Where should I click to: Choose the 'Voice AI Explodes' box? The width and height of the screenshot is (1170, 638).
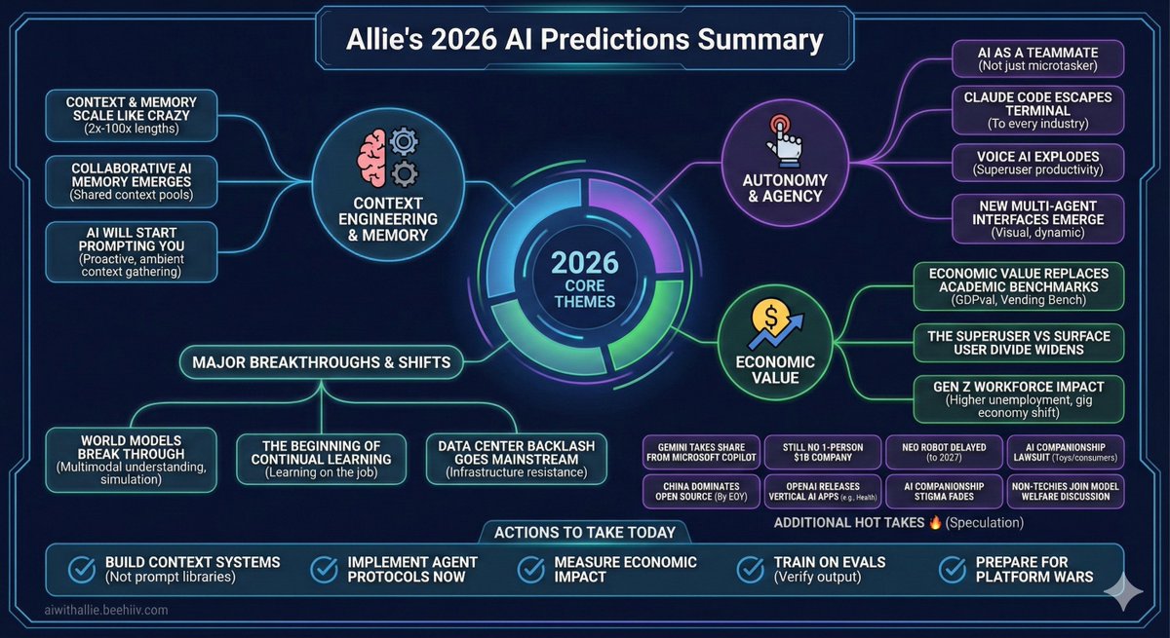1039,162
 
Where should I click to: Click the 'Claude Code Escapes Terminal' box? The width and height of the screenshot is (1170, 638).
1039,108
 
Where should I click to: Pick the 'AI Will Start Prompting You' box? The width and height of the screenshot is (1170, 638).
115,251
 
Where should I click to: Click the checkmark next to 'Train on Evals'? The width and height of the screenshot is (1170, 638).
749,569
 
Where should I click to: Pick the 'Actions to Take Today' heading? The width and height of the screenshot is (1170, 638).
585,532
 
